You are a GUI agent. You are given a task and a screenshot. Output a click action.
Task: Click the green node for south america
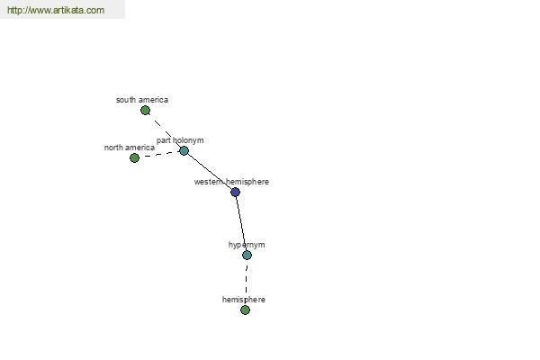pos(145,111)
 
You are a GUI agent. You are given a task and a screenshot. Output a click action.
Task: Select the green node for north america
pos(134,158)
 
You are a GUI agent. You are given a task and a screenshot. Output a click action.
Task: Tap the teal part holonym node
pos(184,150)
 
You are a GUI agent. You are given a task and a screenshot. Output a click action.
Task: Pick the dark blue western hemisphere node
pos(235,192)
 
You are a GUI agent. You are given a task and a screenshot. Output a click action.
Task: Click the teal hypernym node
pos(247,256)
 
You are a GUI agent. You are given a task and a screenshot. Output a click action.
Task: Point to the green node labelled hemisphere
pos(245,310)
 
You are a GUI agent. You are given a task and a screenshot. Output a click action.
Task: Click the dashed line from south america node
pos(165,130)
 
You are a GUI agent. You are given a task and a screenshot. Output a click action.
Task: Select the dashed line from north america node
pos(159,154)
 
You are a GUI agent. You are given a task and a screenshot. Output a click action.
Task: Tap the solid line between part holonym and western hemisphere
pos(210,171)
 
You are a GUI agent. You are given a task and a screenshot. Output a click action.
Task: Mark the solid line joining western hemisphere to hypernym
pos(241,223)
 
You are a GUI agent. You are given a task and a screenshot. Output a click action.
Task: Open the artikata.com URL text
pos(56,10)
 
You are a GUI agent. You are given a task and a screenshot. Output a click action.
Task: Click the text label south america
pos(142,100)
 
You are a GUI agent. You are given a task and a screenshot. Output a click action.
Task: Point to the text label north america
pos(129,148)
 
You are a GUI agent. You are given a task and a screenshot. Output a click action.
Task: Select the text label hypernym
pos(247,245)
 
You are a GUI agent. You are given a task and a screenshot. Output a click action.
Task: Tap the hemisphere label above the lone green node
pos(244,300)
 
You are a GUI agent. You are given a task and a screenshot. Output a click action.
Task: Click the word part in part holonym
pos(164,140)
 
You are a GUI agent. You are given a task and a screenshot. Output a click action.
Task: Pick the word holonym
pos(188,140)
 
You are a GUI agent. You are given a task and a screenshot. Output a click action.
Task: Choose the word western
pos(208,182)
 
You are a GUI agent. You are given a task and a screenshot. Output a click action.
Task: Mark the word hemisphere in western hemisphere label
pos(246,182)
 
